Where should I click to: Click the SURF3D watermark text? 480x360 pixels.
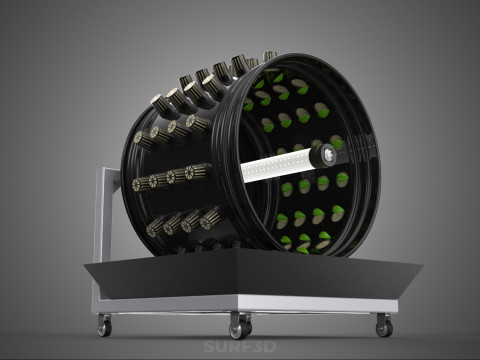[240, 347]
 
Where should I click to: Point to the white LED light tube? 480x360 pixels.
[278, 166]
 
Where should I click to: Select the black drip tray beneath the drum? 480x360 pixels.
[253, 273]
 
